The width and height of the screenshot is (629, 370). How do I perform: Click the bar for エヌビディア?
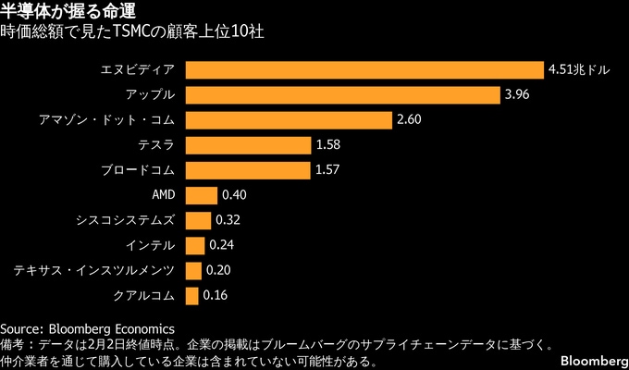(x=364, y=70)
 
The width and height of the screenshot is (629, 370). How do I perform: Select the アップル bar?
(x=343, y=95)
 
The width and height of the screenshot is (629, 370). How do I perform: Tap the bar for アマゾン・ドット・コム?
(x=289, y=120)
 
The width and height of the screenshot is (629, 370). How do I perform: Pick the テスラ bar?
(x=248, y=145)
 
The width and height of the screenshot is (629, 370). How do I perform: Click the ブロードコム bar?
(x=248, y=170)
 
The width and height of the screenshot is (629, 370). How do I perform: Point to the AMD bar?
(x=202, y=195)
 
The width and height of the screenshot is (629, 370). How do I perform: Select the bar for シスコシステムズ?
(x=198, y=220)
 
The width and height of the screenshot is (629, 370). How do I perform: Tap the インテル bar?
(x=195, y=245)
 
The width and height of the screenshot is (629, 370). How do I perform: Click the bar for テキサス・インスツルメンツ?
(x=193, y=270)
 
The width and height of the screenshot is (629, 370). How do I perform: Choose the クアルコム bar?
(x=192, y=295)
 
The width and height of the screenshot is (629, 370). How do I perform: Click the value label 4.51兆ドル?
(x=579, y=70)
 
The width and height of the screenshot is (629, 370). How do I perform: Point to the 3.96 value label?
(x=518, y=95)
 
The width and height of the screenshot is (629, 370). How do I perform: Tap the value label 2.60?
(x=409, y=120)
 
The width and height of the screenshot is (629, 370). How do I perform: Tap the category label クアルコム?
(x=143, y=295)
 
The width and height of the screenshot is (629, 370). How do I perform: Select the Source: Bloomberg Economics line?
(x=87, y=328)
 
